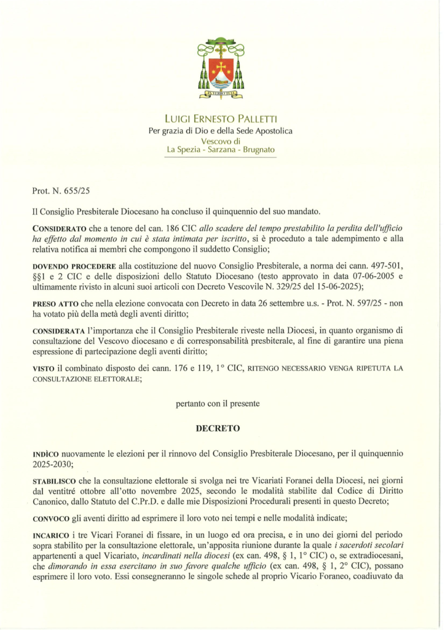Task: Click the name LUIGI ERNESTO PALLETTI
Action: coord(221,119)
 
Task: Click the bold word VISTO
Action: coord(44,369)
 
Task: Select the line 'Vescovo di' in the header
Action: coord(221,140)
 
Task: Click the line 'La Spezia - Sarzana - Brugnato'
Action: coord(221,150)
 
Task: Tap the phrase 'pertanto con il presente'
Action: coord(218,404)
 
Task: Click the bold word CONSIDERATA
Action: coord(60,332)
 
